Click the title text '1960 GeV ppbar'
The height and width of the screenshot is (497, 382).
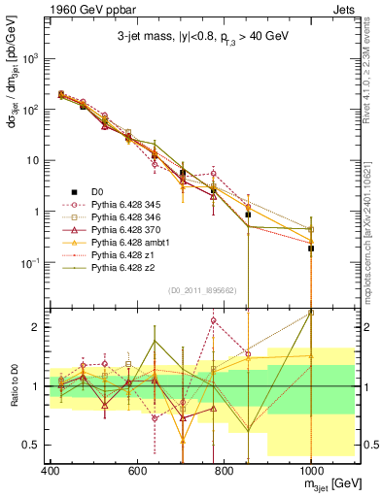point(46,8)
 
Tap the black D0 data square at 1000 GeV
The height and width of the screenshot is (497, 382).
point(311,248)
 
